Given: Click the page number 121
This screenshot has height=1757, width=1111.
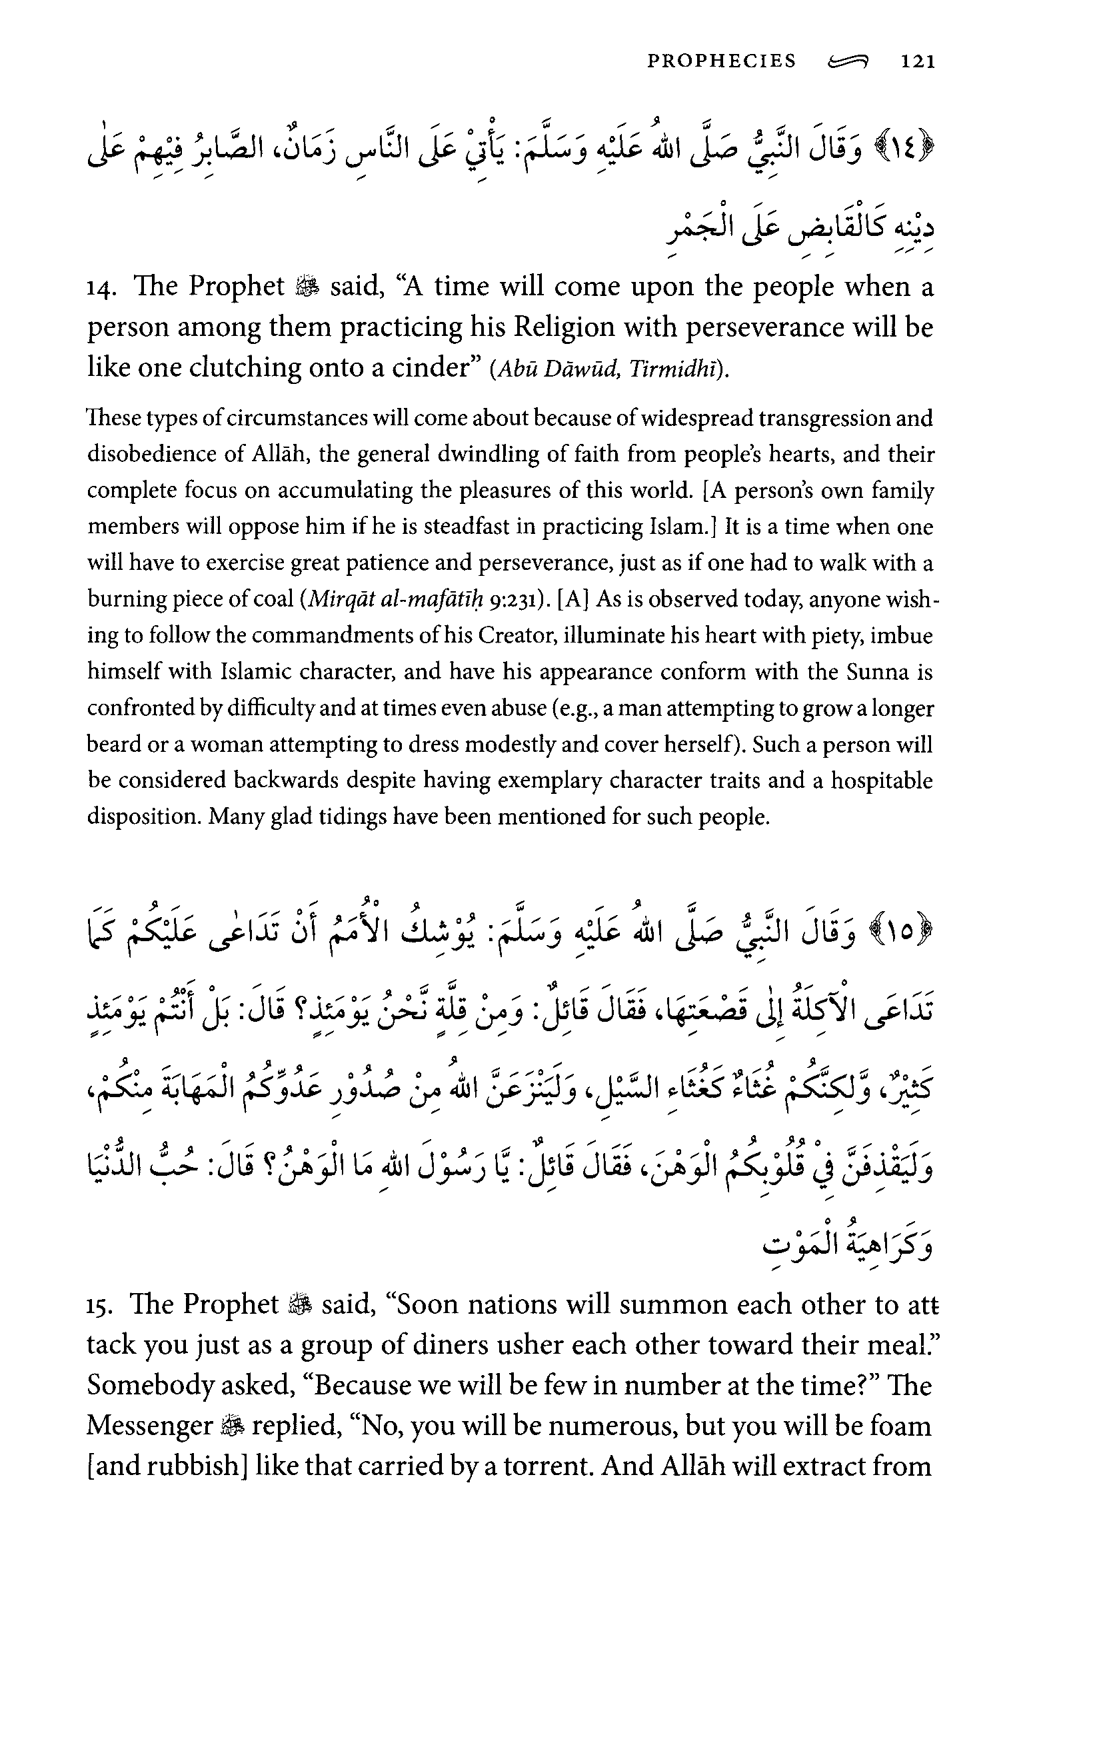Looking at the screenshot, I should (918, 61).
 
